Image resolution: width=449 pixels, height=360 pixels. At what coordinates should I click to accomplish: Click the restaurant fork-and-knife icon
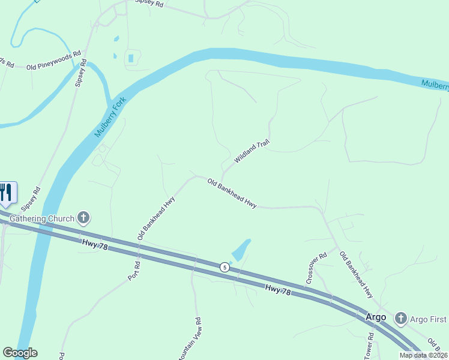click(7, 192)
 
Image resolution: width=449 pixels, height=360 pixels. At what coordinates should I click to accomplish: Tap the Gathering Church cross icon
click(83, 218)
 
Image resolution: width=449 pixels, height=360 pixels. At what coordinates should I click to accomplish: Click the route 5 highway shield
click(224, 267)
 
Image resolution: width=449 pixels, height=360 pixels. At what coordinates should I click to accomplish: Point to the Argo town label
click(376, 316)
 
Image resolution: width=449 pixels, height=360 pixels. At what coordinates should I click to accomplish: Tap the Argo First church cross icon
click(401, 318)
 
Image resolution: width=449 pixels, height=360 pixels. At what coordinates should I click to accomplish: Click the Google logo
click(20, 353)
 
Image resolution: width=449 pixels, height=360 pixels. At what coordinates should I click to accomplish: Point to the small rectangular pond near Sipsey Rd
click(130, 58)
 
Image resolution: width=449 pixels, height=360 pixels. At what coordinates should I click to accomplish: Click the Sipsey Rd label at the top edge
click(149, 4)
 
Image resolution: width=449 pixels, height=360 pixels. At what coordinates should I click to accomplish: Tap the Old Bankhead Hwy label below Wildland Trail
click(232, 193)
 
